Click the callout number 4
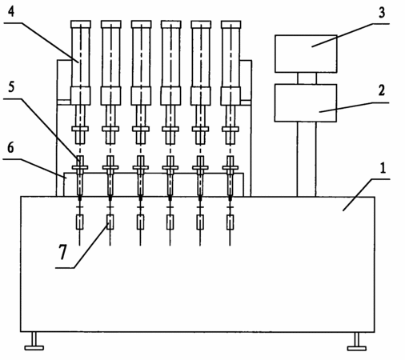(10, 11)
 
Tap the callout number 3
(382, 13)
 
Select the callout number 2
(382, 90)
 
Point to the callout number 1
(383, 168)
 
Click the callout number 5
(10, 87)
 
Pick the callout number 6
(10, 147)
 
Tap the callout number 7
(62, 252)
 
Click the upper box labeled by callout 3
(306, 54)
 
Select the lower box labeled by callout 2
(306, 103)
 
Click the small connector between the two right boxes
(307, 78)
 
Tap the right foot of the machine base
(357, 342)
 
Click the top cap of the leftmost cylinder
(81, 24)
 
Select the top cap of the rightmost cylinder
(231, 24)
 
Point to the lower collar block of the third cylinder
(141, 96)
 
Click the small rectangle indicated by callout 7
(110, 222)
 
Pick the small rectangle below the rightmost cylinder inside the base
(230, 222)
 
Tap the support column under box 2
(307, 159)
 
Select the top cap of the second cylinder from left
(110, 24)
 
